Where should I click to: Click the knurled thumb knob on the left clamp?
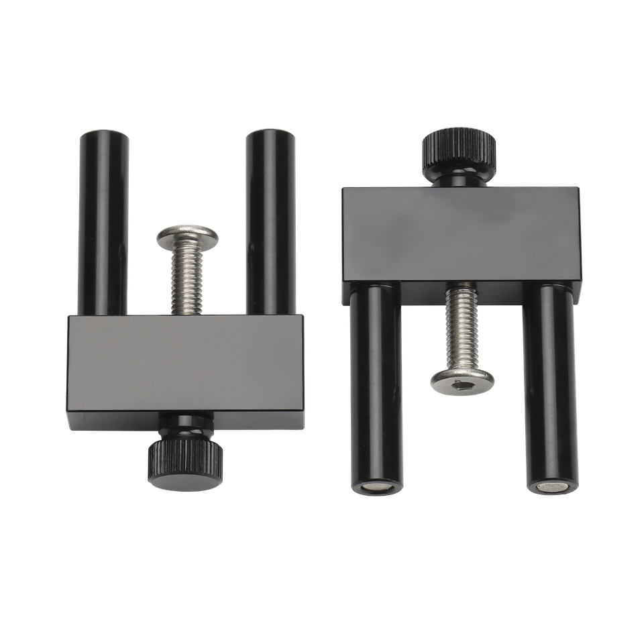[185, 463]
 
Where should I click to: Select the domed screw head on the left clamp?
[189, 236]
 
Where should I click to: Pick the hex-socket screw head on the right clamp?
[462, 380]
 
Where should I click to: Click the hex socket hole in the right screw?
[462, 384]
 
